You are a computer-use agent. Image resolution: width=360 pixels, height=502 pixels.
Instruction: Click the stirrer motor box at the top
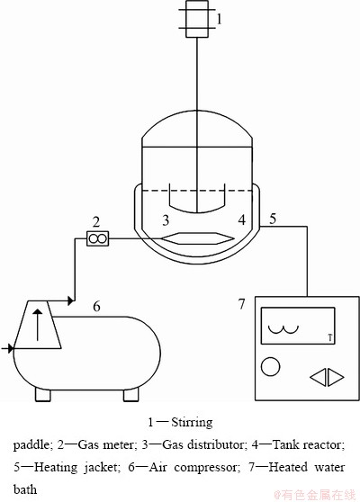197,19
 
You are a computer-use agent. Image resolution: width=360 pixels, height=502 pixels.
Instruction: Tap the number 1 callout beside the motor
219,19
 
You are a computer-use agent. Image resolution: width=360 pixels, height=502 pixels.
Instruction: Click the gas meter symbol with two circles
98,238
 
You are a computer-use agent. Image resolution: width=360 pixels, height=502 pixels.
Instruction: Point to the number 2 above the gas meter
96,221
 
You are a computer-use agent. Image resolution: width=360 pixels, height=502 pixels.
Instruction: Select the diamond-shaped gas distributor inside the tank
198,238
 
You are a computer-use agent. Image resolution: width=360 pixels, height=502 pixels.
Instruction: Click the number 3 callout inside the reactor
166,220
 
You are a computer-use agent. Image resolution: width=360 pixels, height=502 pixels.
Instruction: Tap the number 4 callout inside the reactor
242,220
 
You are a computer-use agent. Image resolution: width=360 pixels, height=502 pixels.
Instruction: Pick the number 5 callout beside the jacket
273,219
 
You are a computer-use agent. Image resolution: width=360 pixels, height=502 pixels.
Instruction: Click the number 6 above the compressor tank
96,307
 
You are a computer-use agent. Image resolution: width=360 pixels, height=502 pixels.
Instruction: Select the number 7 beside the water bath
241,304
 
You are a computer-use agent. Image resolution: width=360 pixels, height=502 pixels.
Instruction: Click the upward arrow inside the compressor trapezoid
38,325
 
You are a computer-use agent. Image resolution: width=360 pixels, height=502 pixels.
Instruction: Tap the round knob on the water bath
270,366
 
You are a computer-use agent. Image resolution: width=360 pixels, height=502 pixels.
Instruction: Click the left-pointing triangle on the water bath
318,377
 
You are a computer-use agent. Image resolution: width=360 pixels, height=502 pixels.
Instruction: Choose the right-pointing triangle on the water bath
336,377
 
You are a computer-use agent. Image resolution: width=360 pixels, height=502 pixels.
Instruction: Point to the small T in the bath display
330,337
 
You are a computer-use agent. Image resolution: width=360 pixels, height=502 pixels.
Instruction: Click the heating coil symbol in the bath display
283,331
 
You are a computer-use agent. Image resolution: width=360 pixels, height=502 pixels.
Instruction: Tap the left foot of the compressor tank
43,395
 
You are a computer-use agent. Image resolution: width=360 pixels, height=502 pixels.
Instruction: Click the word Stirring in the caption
192,423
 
